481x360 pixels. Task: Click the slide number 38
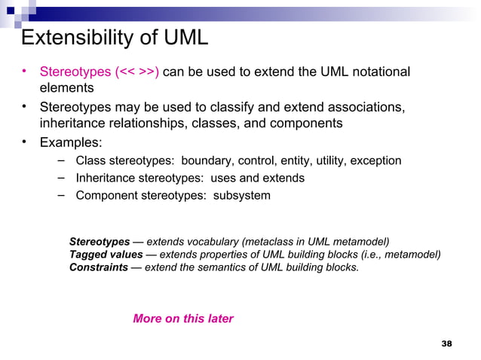(x=446, y=344)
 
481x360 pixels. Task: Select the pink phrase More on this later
(x=183, y=319)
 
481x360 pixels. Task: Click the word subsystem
(x=242, y=196)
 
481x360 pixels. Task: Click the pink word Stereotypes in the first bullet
(x=75, y=72)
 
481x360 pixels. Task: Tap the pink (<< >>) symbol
(x=136, y=72)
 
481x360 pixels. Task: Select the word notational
(x=375, y=72)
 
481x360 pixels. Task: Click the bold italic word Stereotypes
(x=100, y=242)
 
